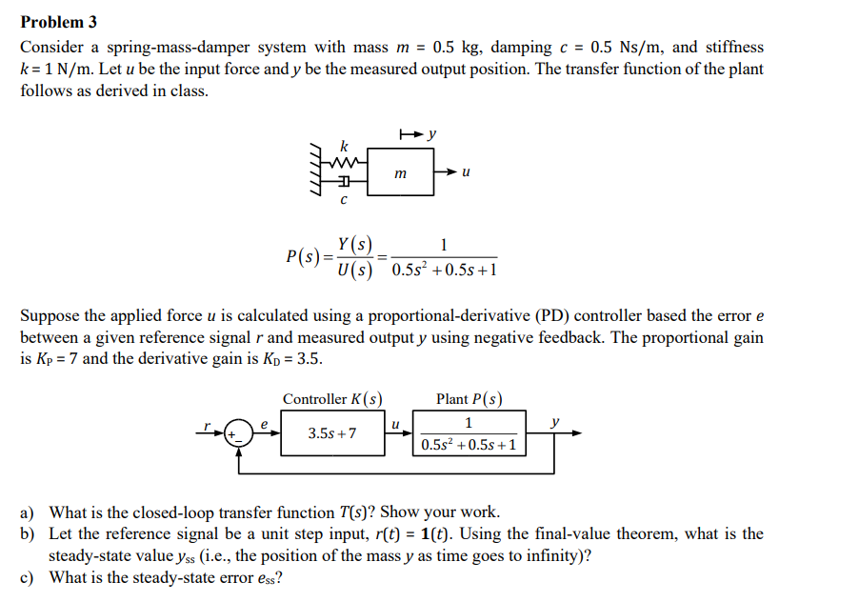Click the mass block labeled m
pos(400,172)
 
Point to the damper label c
pos(344,199)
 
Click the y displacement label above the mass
pos(432,134)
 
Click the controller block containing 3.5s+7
pos(332,433)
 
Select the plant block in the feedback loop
pos(469,433)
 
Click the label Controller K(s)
pos(332,399)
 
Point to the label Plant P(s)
pos(469,399)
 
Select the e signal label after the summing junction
pos(265,423)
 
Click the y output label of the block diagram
pos(556,422)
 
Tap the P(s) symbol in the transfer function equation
pos(302,257)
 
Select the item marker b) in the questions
pos(29,534)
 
